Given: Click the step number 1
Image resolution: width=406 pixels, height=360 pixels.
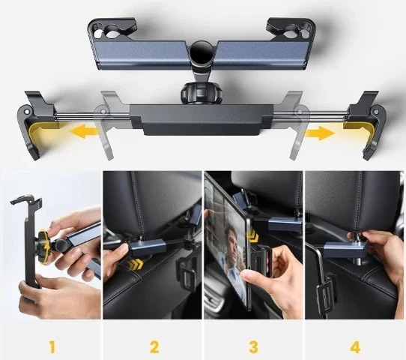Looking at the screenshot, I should coord(52,346).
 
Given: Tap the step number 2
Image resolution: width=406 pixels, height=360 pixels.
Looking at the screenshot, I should coord(154,346).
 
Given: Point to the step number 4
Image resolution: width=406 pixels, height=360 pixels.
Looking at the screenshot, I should coord(354,346).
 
